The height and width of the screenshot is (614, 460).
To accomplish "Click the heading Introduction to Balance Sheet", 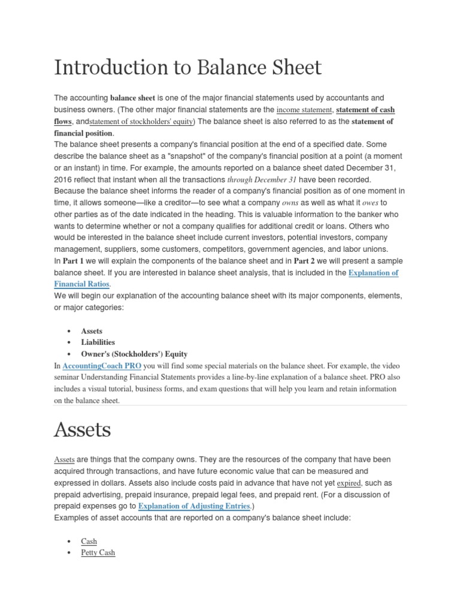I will (x=187, y=67).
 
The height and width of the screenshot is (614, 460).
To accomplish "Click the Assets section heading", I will (x=82, y=429).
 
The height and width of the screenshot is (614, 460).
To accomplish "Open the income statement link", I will (x=304, y=110).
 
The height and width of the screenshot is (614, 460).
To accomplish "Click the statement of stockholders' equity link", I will (x=141, y=122).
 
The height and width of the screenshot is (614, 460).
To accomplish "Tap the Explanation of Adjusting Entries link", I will (x=194, y=506).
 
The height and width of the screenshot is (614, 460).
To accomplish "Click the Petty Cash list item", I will (x=98, y=552).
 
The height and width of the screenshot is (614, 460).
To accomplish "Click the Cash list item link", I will (x=89, y=541).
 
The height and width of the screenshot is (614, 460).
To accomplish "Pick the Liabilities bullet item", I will (x=98, y=342).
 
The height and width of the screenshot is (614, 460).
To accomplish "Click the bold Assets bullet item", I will (x=92, y=331).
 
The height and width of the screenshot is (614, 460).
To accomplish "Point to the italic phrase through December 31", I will (x=262, y=180).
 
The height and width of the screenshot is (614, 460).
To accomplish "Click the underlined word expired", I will (x=349, y=483).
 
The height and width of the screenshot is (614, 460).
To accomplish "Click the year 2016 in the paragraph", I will (x=64, y=180).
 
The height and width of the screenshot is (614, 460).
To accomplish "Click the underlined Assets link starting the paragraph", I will (x=64, y=460).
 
